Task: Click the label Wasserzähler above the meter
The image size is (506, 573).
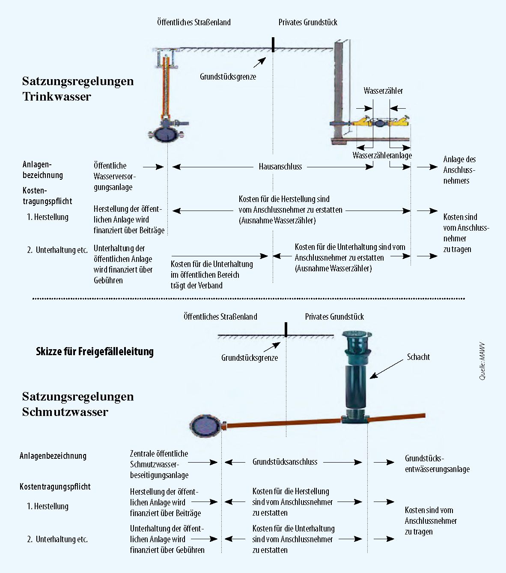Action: coord(383,91)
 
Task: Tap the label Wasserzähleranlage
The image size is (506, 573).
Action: coord(382,155)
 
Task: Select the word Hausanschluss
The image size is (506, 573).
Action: coord(280,166)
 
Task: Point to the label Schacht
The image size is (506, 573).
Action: coord(418,357)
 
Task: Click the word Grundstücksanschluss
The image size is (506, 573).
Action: coord(285,462)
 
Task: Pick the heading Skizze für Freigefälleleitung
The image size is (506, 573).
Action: coord(95,352)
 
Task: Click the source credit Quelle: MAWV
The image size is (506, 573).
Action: coord(482,361)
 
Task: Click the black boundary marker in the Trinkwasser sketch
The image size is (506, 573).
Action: coord(273,45)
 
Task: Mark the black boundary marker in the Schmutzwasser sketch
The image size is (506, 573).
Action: coord(286,330)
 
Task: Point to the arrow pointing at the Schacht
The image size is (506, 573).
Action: coord(386,369)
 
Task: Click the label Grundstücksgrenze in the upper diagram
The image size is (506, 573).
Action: coord(228,77)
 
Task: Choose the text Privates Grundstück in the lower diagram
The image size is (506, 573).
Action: coord(334,317)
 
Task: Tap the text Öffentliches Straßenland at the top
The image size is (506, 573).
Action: coord(193,22)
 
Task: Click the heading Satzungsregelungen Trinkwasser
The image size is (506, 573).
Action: coord(78,89)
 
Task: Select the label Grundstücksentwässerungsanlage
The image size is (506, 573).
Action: coord(437,463)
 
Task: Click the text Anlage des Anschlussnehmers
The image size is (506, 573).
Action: coord(459,170)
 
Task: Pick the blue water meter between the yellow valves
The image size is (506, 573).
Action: coord(380,123)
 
